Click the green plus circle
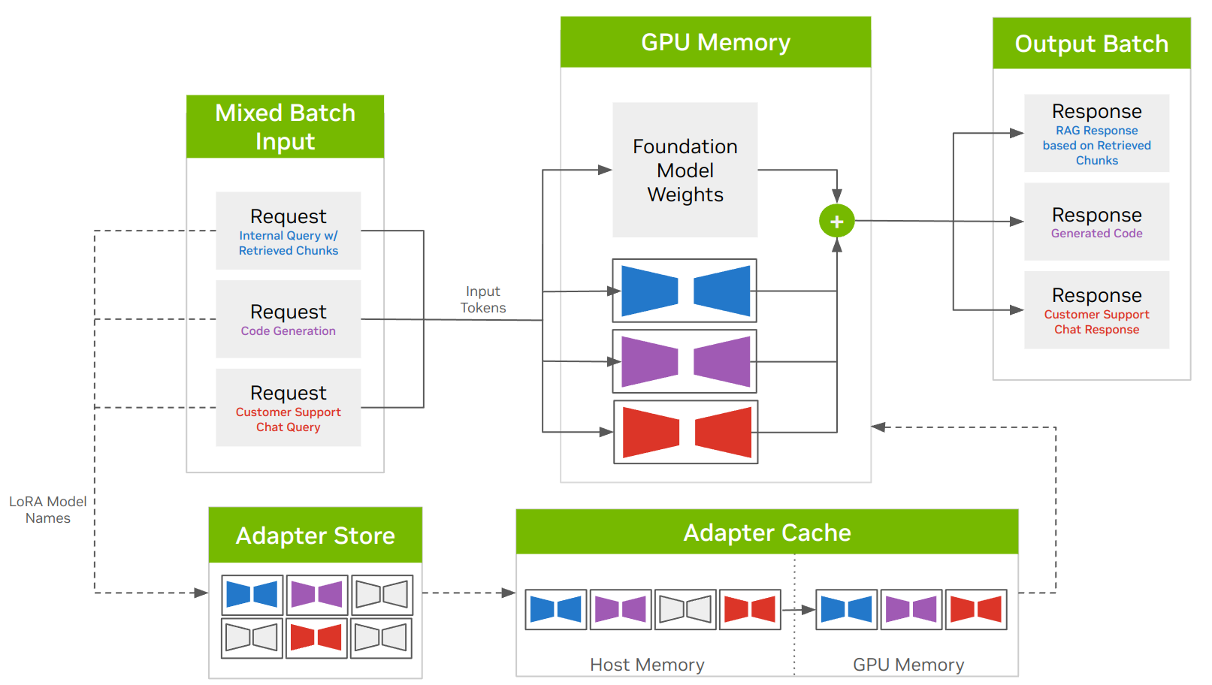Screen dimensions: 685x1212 [836, 221]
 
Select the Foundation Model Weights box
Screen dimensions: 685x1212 [685, 170]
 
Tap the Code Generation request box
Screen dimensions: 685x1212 [288, 319]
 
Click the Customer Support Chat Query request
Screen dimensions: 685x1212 [288, 408]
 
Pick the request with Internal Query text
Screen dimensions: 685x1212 [288, 231]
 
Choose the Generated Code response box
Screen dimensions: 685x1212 [1096, 222]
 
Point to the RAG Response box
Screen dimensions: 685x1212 [1096, 134]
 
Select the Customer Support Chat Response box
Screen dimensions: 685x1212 [1096, 310]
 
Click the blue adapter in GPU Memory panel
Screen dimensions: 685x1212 [685, 291]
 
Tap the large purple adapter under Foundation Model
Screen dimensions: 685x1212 [685, 361]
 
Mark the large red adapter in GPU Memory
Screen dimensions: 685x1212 [685, 432]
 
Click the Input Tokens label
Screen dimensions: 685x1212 [483, 300]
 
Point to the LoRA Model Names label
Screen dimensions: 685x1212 [48, 509]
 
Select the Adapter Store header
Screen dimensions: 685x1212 [315, 536]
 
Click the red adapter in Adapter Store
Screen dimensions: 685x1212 [316, 638]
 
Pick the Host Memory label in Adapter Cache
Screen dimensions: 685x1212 [647, 665]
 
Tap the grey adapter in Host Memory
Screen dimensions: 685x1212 [685, 609]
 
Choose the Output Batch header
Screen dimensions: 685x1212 [1091, 44]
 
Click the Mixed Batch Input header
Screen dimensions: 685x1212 [285, 127]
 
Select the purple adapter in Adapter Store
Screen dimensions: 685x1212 [316, 595]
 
